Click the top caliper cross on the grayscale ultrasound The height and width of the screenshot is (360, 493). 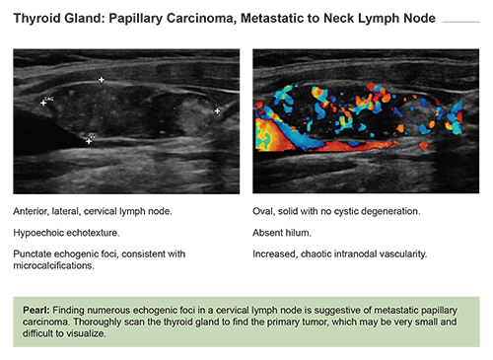pos(101,80)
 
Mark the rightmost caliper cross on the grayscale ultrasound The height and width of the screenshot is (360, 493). pos(218,110)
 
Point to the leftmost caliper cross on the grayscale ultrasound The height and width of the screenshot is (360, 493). pos(43,102)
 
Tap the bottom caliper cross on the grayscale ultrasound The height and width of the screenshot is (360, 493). pos(89,141)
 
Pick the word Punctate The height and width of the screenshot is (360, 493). pos(35,254)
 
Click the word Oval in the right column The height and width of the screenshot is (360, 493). pos(264,212)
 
